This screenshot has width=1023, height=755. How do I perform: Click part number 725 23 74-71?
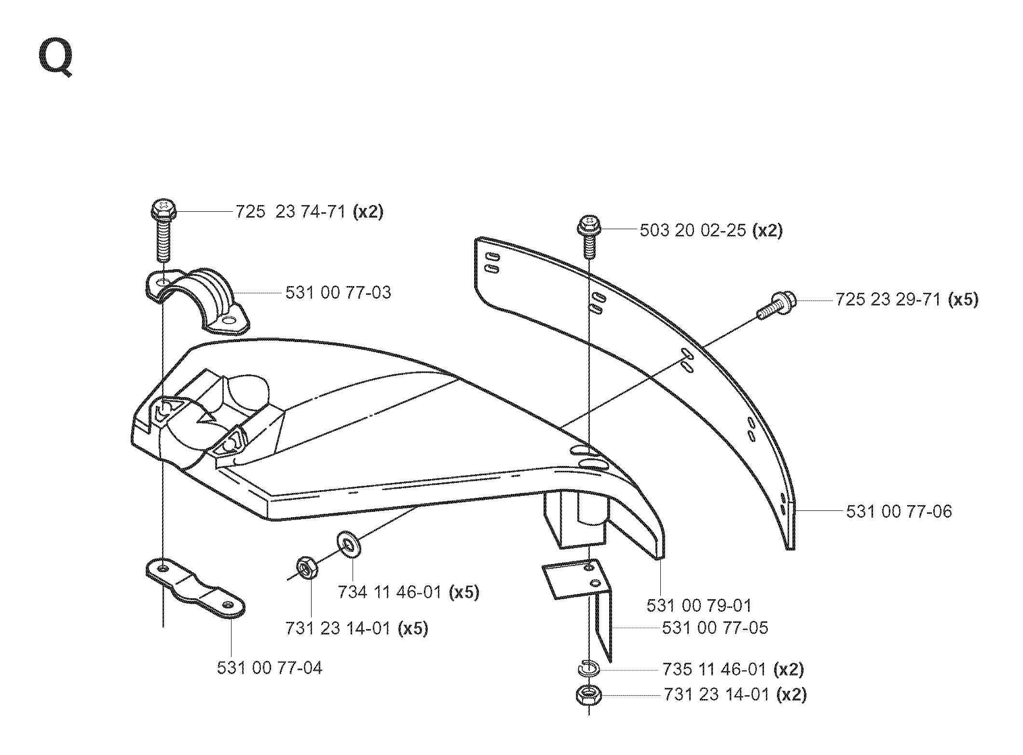coord(291,212)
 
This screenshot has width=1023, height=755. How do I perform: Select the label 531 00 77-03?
coord(338,292)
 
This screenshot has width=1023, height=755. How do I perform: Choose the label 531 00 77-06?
coord(899,511)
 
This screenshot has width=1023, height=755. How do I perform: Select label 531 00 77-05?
coord(715,628)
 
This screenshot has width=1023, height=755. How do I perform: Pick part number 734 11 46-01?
coord(390,592)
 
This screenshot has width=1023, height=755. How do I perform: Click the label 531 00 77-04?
coord(270,668)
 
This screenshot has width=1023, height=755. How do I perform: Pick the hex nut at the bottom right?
coord(588,695)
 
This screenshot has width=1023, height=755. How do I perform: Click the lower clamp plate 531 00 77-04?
coord(195,588)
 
